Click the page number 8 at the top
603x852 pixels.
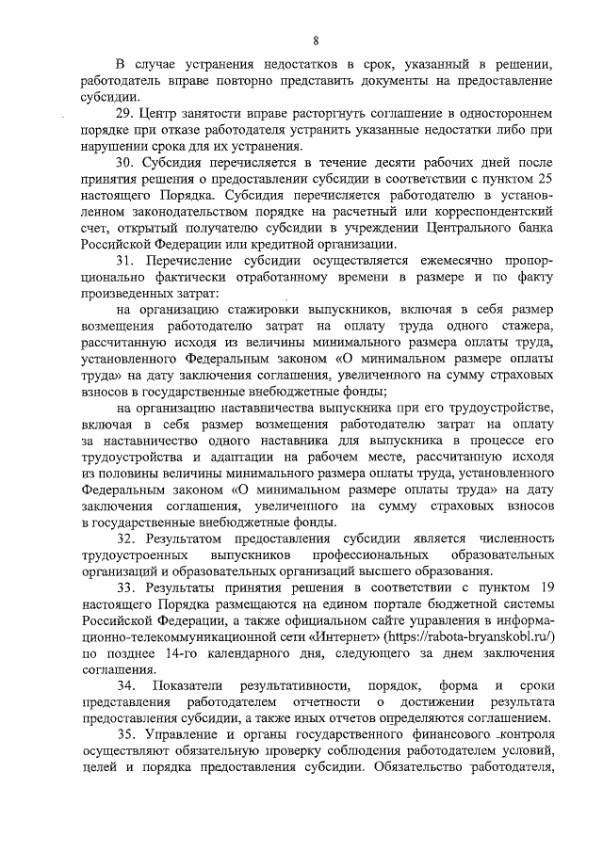pos(316,39)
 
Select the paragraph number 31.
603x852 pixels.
pos(125,260)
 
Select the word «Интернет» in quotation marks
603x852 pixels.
pos(302,635)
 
